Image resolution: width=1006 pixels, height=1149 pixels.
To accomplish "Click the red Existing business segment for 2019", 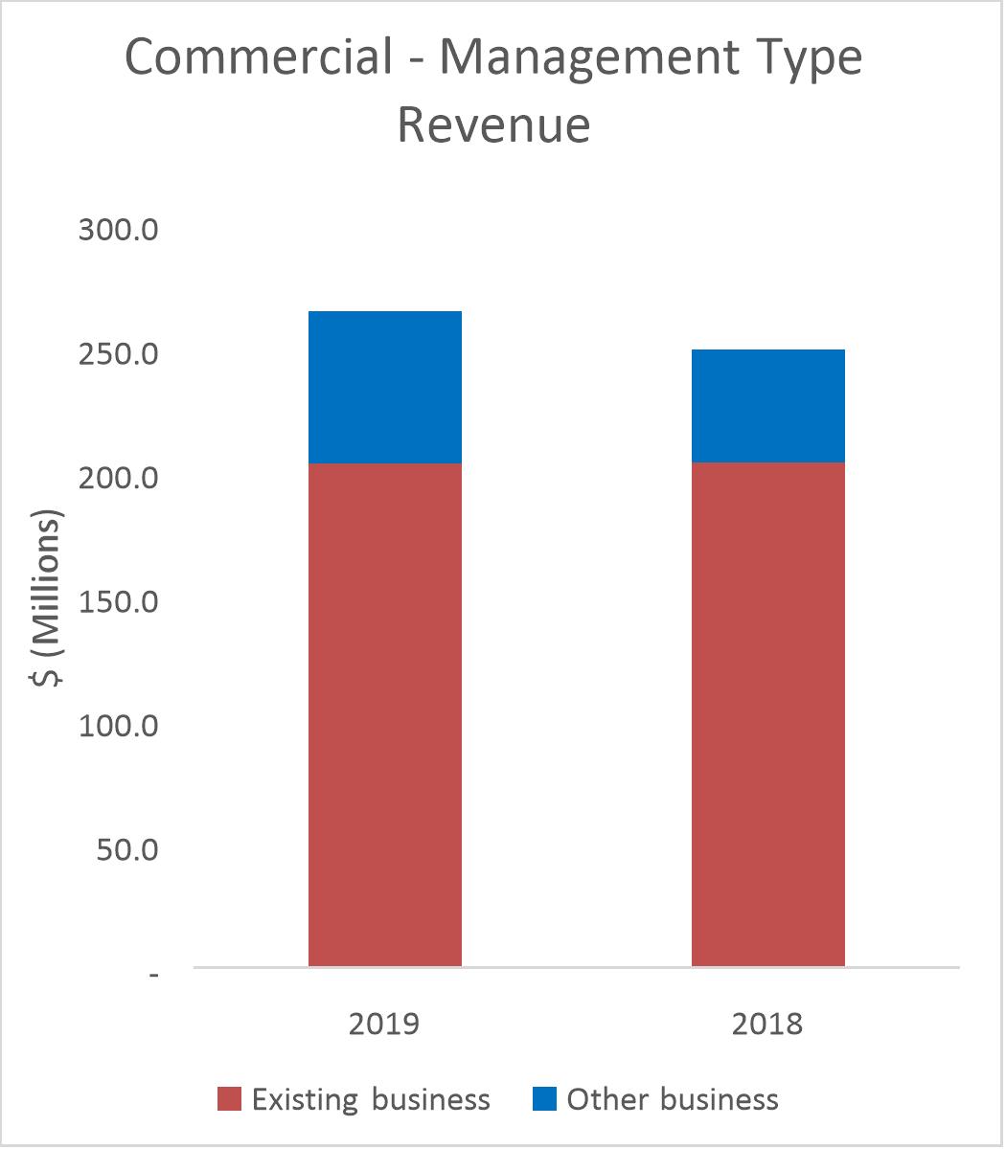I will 385,714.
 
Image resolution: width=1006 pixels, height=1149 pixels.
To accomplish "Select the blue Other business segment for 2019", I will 385,388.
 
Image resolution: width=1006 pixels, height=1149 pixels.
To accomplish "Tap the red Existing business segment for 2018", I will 768,714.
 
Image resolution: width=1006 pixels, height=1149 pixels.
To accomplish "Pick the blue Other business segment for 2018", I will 768,406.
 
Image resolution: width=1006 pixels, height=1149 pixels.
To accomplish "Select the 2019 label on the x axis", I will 384,1024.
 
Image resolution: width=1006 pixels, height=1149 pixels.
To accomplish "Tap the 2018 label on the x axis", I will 767,1024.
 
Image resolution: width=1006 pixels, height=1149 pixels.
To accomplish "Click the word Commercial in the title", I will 260,59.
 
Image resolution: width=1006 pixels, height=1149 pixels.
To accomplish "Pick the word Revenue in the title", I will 493,124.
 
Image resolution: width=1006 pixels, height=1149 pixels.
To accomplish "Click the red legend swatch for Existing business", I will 230,1099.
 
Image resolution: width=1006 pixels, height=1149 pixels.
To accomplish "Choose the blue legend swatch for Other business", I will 544,1099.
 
